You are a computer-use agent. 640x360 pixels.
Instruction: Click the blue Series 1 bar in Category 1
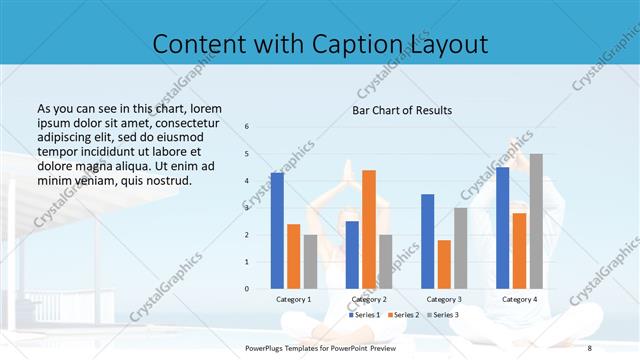(x=277, y=231)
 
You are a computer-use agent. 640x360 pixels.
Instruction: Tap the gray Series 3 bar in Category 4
(x=536, y=221)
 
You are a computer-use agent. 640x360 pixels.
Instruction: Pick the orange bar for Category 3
(x=444, y=264)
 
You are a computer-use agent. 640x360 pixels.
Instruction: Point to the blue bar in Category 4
(x=503, y=228)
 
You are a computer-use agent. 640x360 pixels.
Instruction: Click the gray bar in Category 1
(x=310, y=262)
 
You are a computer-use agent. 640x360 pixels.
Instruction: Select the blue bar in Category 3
(x=428, y=241)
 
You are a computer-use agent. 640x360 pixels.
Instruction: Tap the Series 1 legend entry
(x=364, y=315)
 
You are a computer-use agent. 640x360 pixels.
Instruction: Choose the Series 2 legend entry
(x=403, y=315)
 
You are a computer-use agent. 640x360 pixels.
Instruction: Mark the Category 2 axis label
(x=369, y=299)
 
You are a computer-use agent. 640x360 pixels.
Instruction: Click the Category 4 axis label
(x=519, y=299)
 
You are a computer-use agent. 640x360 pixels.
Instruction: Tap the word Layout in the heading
(x=445, y=45)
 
